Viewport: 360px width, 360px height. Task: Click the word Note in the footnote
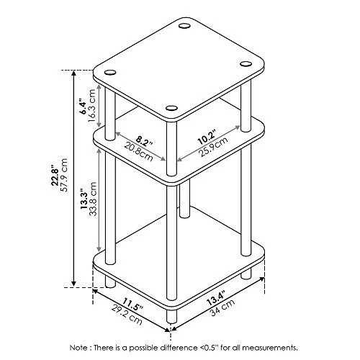[x=76, y=348]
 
